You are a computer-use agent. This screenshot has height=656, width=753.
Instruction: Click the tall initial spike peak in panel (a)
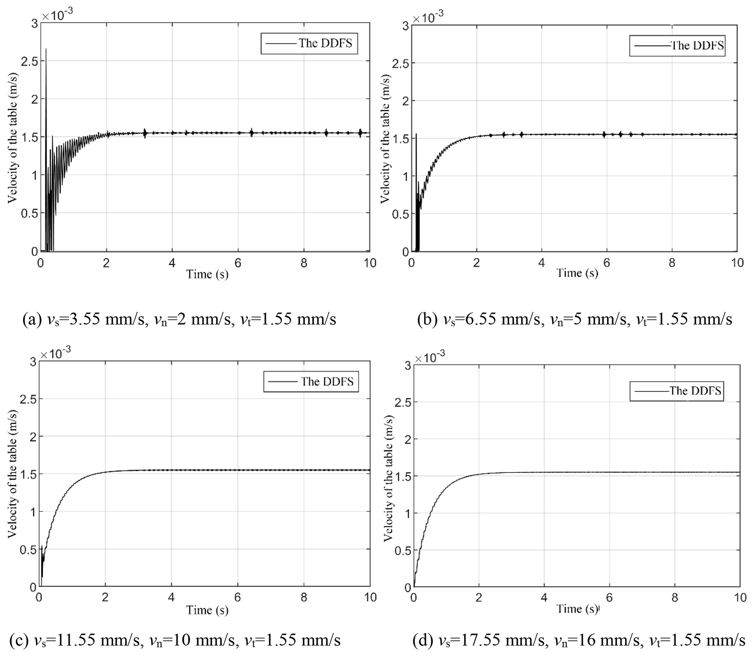click(46, 50)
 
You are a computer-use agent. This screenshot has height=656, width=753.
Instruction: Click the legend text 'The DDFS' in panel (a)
click(325, 43)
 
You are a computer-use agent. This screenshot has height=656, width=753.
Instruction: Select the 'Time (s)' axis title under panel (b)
click(577, 273)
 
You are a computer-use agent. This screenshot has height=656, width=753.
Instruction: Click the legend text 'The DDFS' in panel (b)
click(697, 46)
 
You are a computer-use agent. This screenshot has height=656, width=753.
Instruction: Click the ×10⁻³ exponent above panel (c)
click(56, 354)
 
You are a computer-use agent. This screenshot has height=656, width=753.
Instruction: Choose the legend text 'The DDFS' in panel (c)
click(327, 382)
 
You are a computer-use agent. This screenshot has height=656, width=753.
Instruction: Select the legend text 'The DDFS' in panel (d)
click(695, 391)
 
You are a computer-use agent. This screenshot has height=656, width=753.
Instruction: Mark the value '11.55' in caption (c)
click(74, 640)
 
